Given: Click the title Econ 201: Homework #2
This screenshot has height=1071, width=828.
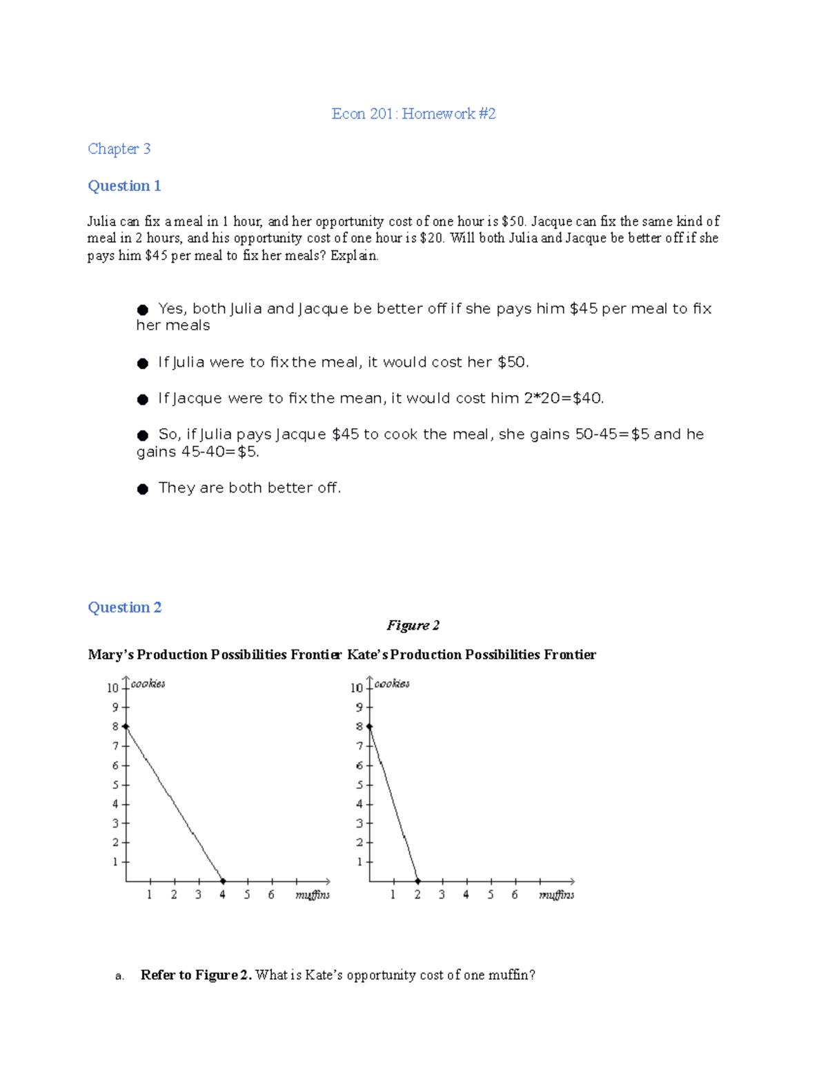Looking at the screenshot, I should pyautogui.click(x=413, y=114).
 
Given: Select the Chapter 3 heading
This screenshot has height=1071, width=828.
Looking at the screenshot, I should pyautogui.click(x=119, y=149).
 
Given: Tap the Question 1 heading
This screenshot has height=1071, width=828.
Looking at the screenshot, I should pyautogui.click(x=124, y=186).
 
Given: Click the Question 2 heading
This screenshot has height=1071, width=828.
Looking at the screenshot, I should pyautogui.click(x=124, y=608).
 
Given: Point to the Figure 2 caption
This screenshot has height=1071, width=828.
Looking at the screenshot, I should pyautogui.click(x=413, y=625).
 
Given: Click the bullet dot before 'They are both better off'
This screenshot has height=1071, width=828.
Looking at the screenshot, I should pyautogui.click(x=143, y=490).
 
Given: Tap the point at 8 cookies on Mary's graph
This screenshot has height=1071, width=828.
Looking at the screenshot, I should pyautogui.click(x=126, y=726).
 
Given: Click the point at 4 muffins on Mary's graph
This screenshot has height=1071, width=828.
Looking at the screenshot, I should pyautogui.click(x=223, y=881).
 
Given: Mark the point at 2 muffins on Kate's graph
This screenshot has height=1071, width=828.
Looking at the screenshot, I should pyautogui.click(x=418, y=881).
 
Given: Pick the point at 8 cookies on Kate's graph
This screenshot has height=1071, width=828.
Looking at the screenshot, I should pyautogui.click(x=369, y=726).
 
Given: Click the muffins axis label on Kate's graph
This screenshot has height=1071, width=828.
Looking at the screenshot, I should pyautogui.click(x=556, y=895).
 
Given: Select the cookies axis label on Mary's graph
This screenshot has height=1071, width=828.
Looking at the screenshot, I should pyautogui.click(x=148, y=684).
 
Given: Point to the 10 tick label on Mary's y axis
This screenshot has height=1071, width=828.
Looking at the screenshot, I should pyautogui.click(x=112, y=688).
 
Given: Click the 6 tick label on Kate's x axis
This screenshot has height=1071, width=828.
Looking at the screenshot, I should pyautogui.click(x=515, y=895).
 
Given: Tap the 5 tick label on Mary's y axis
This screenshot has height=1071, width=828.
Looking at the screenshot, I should pyautogui.click(x=115, y=785).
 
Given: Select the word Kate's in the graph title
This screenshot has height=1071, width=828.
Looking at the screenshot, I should pyautogui.click(x=367, y=655).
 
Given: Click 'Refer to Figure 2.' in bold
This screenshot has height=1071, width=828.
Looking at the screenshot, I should pyautogui.click(x=196, y=975).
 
